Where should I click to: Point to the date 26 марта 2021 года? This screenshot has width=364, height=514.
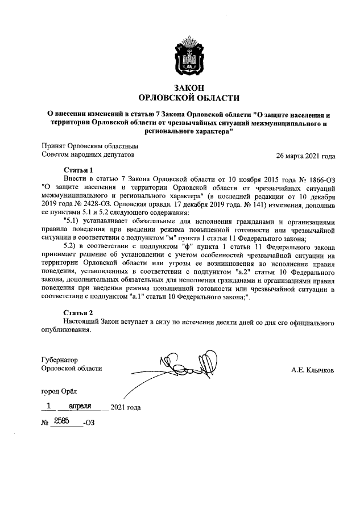pos(305,156)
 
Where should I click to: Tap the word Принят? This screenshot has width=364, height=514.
pos(54,145)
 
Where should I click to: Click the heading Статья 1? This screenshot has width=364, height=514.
pos(78,169)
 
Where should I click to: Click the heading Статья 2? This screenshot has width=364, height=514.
pos(78,312)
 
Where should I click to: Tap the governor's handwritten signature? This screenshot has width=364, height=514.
pos(188,361)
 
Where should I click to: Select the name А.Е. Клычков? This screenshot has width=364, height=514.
pos(312,370)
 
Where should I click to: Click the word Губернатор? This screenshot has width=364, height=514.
pos(60,360)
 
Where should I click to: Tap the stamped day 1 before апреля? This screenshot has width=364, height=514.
pos(49,407)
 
